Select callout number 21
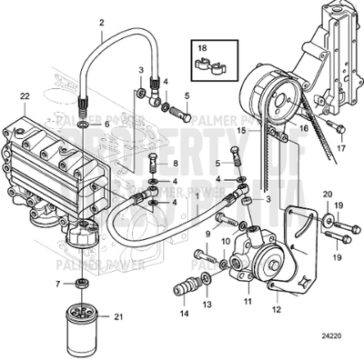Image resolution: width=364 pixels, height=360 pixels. [116, 316]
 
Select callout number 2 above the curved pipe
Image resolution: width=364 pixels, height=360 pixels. [101, 21]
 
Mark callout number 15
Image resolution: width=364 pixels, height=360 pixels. [241, 131]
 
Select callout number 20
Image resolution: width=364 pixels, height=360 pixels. [328, 194]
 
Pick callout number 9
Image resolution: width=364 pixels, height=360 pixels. [207, 235]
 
